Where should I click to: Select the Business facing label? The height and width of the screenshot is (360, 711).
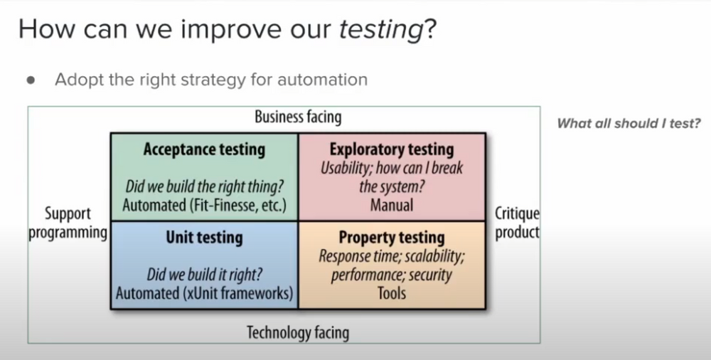point(297,117)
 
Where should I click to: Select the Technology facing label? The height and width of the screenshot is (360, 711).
point(297,332)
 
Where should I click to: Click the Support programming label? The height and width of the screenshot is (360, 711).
point(68,223)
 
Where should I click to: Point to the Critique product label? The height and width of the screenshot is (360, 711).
point(517,223)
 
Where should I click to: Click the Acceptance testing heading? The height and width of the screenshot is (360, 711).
point(204,149)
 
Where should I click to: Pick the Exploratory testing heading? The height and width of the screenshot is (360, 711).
point(392,149)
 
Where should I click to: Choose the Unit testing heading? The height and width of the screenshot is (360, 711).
point(204,238)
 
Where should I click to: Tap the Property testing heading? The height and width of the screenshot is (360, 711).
point(392,238)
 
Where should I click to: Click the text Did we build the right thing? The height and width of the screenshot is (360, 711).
point(204,188)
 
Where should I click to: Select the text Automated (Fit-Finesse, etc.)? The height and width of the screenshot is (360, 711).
point(204,206)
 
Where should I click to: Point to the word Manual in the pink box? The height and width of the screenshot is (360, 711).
point(392,206)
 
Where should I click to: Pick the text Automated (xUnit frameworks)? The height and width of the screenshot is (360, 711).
point(204,293)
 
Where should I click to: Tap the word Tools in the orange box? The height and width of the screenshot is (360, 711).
point(392,293)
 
